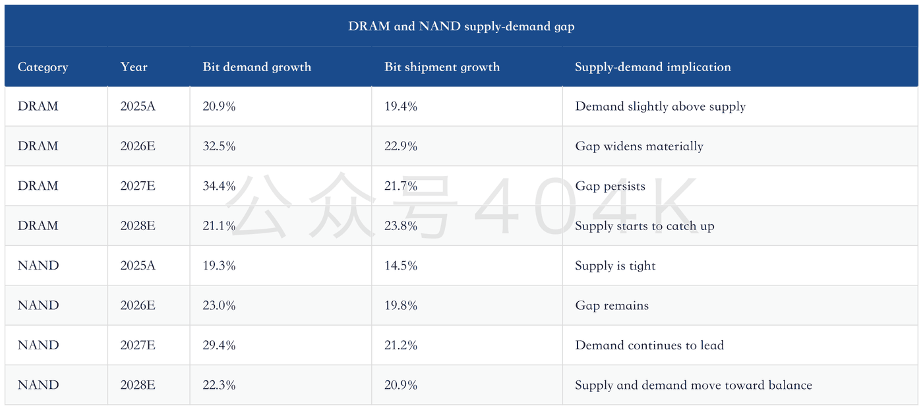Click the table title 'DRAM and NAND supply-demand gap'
461,26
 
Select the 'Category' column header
43,67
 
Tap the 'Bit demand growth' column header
256,67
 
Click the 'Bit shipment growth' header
442,67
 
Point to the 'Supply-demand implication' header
653,67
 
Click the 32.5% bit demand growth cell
219,146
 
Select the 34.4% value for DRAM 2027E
219,186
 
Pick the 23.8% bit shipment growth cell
401,226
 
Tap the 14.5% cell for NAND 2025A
401,266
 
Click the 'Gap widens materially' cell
639,146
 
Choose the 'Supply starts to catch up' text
645,226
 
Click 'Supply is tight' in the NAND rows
615,266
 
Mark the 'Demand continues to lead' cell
649,345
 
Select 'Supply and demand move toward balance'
694,385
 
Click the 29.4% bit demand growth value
219,345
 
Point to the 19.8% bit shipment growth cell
401,305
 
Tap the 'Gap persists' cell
610,187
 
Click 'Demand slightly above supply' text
660,107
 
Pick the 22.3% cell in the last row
219,385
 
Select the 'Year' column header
133,67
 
